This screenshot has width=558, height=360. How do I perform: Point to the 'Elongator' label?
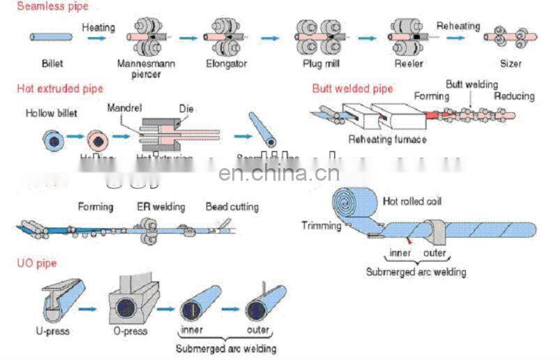pos(227,63)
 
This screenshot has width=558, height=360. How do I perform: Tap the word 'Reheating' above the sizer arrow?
pos(458,27)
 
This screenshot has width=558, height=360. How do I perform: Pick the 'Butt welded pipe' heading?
pos(352,89)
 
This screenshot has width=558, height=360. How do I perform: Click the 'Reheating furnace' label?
pos(387,140)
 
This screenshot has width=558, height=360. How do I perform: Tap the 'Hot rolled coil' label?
pos(412,202)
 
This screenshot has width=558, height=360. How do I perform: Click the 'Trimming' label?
pos(322,225)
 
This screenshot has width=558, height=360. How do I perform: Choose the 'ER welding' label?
pos(161,207)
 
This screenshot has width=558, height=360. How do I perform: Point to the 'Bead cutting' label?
pos(232,207)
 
